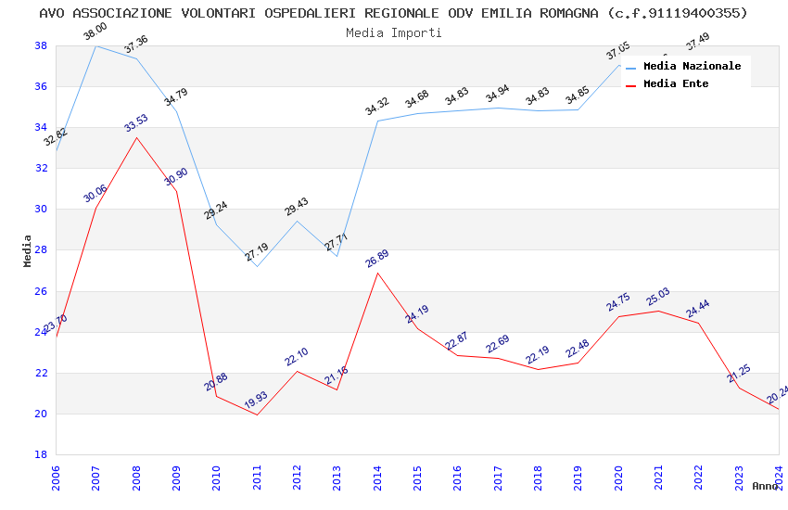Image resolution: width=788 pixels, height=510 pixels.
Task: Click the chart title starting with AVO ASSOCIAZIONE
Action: coord(393,13)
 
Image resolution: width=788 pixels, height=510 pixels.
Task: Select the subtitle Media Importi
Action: coord(393,32)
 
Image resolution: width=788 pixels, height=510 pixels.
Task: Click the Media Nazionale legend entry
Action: coord(692,66)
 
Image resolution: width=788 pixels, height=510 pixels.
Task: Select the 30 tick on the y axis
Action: coord(41,210)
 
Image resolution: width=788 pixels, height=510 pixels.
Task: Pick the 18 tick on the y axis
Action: coord(41,455)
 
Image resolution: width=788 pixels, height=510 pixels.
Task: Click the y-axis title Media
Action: coord(28,250)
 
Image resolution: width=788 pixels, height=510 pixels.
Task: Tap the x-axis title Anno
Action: coord(765,486)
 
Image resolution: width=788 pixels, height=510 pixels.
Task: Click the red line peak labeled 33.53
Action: coord(136,138)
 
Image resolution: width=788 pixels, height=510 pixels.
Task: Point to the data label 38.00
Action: coord(95,33)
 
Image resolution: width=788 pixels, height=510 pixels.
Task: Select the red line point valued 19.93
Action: coord(257,414)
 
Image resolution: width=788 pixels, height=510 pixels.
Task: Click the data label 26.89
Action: coord(377,259)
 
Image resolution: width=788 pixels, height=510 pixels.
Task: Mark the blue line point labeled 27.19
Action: coord(257,266)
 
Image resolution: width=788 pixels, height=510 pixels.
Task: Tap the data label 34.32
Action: coord(377,107)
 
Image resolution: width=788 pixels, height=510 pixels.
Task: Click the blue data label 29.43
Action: coord(297,207)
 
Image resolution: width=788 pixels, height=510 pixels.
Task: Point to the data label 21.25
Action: coord(739,374)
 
